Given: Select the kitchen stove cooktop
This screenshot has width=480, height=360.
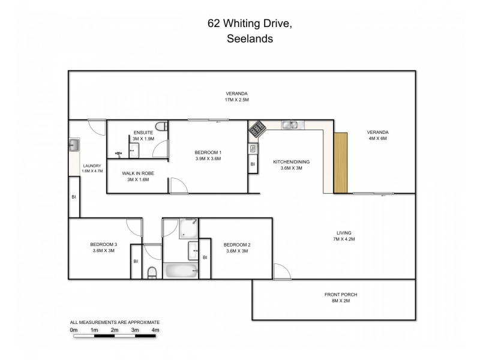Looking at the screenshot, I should tap(258, 128).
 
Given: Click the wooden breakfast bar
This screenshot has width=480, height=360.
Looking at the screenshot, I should tap(340, 163).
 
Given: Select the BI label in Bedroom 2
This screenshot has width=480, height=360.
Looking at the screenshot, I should tap(205, 257).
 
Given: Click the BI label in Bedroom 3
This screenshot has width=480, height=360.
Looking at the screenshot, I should tap(136, 261).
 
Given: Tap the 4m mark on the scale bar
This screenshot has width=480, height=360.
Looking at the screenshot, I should tap(155, 330).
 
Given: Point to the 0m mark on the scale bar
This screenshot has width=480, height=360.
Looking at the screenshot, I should tap(74, 330).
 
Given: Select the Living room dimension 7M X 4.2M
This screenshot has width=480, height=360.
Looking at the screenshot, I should tap(344, 239).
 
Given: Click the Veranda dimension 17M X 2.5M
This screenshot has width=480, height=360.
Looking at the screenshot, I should tap(236, 100).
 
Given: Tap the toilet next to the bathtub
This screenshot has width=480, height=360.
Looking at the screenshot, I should tap(152, 272).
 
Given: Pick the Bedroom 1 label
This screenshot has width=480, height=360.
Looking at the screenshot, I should tap(208, 152).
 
